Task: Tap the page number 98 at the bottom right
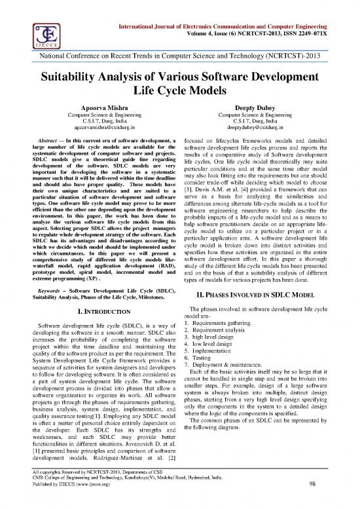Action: point(336,502)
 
